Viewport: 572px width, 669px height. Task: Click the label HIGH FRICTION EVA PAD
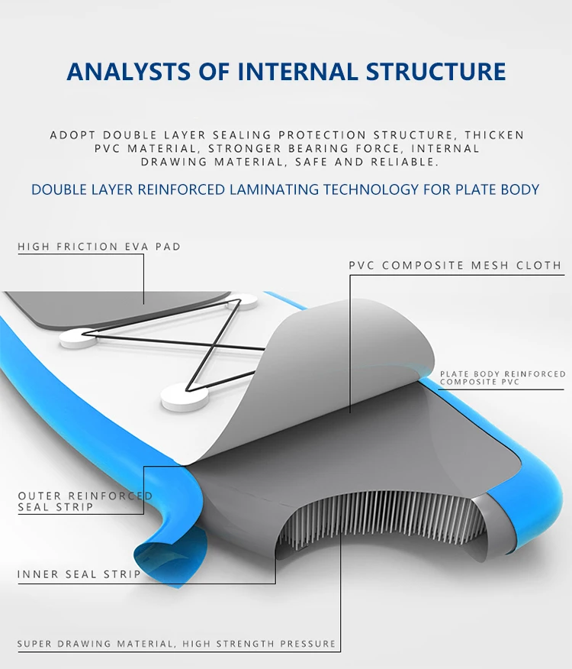click(99, 247)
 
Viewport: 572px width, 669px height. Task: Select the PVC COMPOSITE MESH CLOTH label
click(455, 266)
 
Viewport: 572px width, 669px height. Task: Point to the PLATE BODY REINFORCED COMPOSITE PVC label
click(503, 378)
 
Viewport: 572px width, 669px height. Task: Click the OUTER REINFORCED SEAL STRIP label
click(85, 501)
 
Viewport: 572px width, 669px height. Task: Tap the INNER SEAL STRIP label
click(79, 574)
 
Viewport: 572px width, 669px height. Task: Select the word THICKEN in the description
click(494, 135)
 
